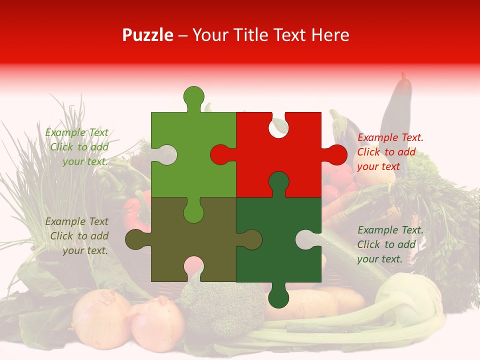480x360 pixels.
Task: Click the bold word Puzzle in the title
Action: pos(148,35)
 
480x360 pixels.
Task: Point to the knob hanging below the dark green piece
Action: pos(278,297)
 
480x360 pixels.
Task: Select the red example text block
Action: pos(390,152)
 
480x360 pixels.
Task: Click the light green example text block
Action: pos(77,147)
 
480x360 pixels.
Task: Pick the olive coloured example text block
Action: pos(77,236)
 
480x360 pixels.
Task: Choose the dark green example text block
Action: pos(390,244)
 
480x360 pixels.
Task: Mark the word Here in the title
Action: pos(329,35)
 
